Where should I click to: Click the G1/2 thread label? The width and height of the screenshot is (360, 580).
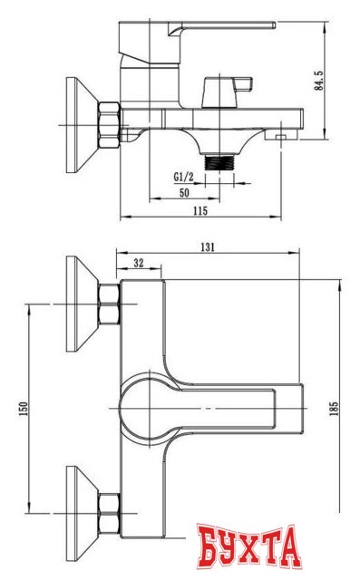(185, 179)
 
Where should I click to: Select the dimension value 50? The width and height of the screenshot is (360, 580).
(184, 193)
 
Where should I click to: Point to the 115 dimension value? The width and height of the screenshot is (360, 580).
(200, 211)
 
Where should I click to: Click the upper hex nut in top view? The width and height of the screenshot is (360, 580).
(109, 305)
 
